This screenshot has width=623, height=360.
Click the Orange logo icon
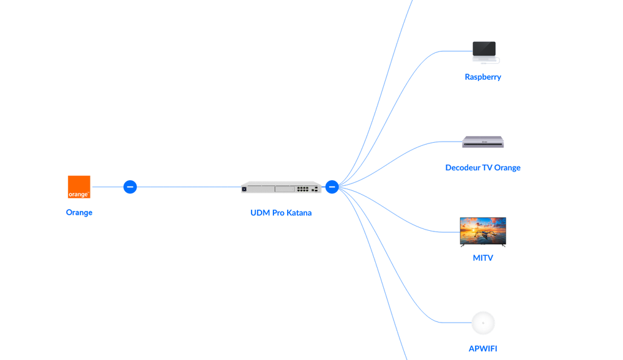pos(79,187)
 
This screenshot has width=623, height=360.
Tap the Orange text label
pos(79,212)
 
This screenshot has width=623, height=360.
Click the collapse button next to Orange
pos(130,187)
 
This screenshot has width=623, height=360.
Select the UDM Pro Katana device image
pos(281,187)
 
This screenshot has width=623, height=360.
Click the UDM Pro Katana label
pos(281,213)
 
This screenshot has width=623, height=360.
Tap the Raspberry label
pos(483,77)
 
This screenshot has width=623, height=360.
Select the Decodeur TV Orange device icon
pos(483,142)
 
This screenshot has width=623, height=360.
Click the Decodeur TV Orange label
pos(483,167)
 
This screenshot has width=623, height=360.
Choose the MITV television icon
pos(483,231)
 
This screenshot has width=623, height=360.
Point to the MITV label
pos(483,258)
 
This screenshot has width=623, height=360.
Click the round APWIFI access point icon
pos(483,323)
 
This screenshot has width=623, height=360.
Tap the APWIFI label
pos(483,349)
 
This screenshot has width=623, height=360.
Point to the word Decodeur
pos(463,167)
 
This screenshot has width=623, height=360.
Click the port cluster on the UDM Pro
pos(303,188)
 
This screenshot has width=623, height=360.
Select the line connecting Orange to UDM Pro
pos(187,187)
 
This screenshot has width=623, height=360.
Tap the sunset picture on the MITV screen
pos(483,230)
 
